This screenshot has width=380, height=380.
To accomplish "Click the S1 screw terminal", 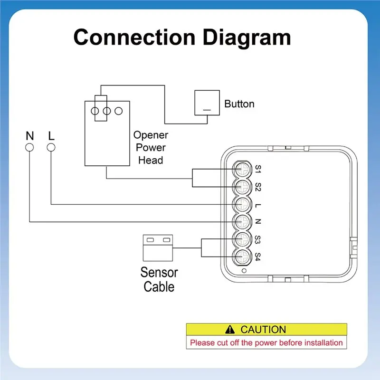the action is [x=242, y=169].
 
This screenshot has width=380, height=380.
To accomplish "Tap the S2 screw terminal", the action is [x=242, y=187].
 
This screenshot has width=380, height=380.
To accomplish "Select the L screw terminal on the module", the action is [x=242, y=204].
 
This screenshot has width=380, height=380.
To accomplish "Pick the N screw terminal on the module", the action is [x=242, y=222].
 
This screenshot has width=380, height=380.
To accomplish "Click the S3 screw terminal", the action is [x=242, y=239].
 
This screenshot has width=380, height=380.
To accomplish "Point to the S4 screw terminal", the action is [x=242, y=257].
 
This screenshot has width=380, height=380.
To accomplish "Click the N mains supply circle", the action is [x=29, y=147].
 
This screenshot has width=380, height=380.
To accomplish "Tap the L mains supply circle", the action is [x=51, y=147].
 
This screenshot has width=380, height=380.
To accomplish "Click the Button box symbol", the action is [x=207, y=103].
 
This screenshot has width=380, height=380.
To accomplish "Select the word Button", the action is [x=239, y=104].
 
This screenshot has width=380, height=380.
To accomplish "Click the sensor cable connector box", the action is [x=158, y=248].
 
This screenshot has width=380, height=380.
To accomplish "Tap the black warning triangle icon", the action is [x=230, y=330].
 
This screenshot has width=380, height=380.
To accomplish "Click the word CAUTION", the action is [x=263, y=330].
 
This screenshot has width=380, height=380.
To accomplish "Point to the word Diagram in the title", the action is [x=247, y=38].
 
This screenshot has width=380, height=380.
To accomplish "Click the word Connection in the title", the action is [x=134, y=38].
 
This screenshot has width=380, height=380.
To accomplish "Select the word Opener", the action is [x=151, y=135].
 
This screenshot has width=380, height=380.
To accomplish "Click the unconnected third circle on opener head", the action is [x=118, y=111].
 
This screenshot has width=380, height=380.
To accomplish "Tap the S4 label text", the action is [x=258, y=257].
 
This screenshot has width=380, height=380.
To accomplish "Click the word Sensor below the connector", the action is [x=159, y=272].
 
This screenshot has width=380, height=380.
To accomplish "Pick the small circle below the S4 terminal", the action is [x=244, y=271].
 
